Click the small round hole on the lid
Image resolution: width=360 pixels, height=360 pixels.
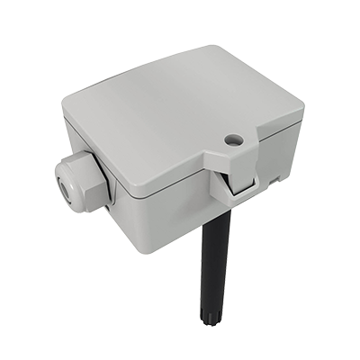point(235,139)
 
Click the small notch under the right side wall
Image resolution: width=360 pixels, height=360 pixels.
point(271,183)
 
